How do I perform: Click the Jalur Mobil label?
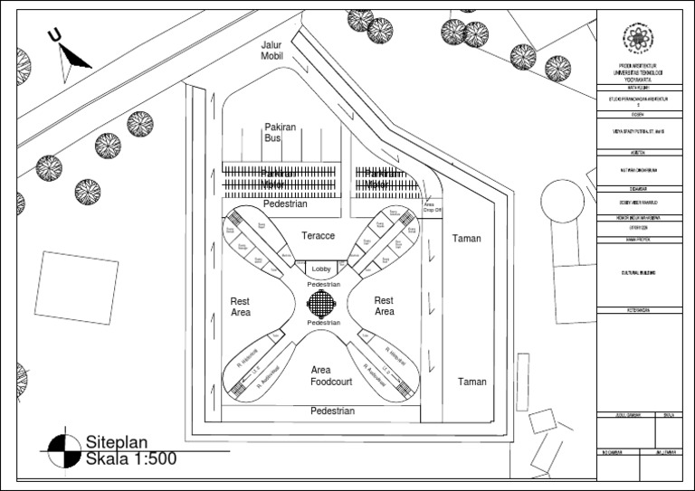coord(272,49)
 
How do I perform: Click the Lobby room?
coord(322,269)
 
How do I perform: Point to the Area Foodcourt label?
coord(323,376)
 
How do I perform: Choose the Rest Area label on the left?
coord(240,307)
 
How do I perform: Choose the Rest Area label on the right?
coord(385,307)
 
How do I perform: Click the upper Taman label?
coord(467,239)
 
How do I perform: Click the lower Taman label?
coord(471,382)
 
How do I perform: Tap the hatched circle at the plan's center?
coord(323,303)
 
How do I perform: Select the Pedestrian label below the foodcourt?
coord(332,411)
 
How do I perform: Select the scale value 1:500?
coord(149,459)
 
